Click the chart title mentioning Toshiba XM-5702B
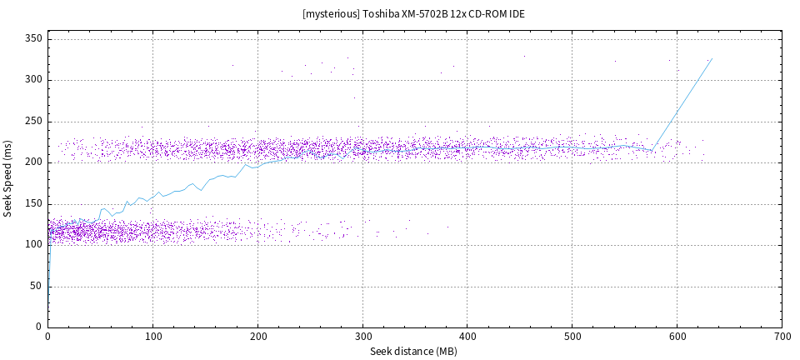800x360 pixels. tap(413, 14)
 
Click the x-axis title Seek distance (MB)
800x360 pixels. tap(414, 352)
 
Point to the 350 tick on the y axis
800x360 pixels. tap(34, 39)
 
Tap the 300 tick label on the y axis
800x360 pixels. tap(34, 80)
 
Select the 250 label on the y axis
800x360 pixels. tap(34, 121)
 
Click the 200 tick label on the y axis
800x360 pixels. tap(34, 162)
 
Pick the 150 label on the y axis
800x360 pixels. tap(34, 203)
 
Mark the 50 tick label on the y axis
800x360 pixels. tap(37, 285)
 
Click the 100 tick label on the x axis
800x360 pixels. tap(152, 337)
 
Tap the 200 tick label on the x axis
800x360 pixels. tap(257, 337)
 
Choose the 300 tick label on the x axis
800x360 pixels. tap(362, 337)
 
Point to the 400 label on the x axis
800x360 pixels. tap(467, 337)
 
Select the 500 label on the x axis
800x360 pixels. tap(572, 337)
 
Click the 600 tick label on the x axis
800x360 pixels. tap(677, 337)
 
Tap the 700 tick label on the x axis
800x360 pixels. tap(782, 337)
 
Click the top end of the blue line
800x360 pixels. tap(712, 58)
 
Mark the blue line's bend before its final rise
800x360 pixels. tap(652, 151)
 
